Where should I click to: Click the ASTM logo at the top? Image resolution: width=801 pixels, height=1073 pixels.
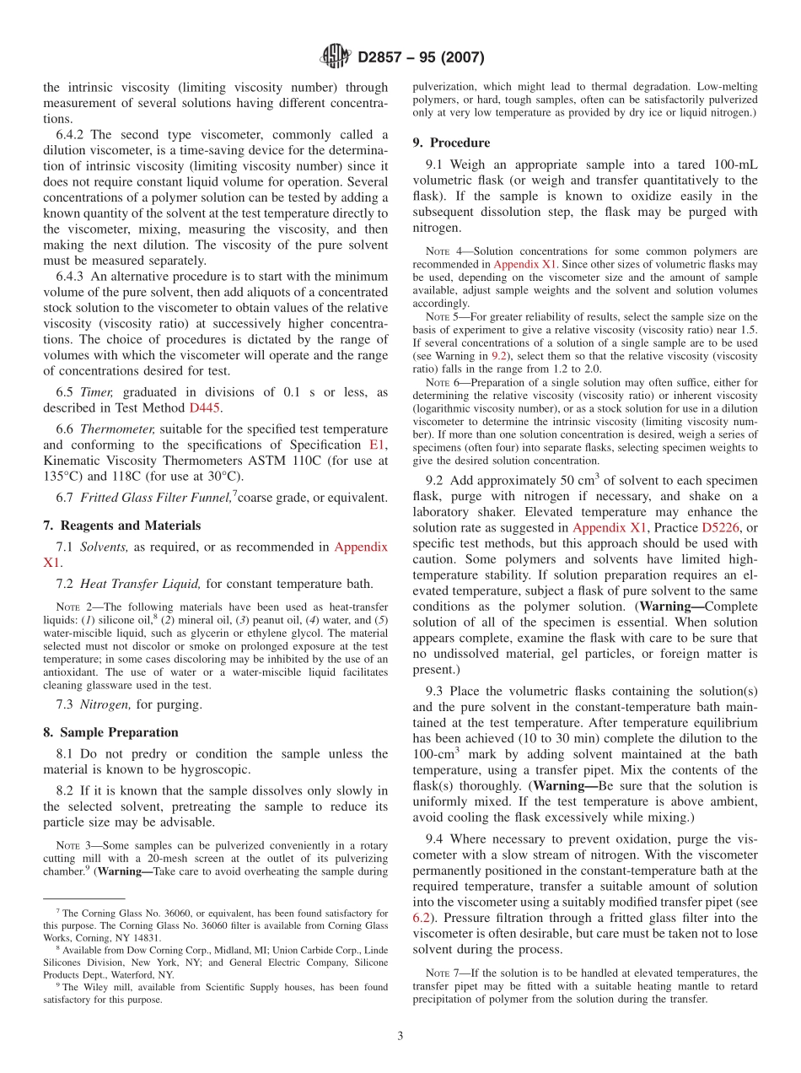[x=336, y=57]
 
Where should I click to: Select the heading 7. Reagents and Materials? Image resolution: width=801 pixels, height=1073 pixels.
[x=121, y=526]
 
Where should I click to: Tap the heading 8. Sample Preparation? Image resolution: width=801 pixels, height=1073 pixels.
[x=110, y=732]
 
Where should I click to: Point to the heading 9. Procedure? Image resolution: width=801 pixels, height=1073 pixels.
[x=451, y=143]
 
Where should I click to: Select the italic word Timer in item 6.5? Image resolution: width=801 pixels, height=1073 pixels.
[x=96, y=392]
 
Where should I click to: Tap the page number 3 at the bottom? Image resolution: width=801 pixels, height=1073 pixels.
[x=400, y=1035]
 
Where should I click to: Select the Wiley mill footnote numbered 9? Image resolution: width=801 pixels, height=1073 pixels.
[x=215, y=993]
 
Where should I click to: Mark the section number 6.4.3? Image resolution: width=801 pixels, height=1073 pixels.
[x=73, y=275]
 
